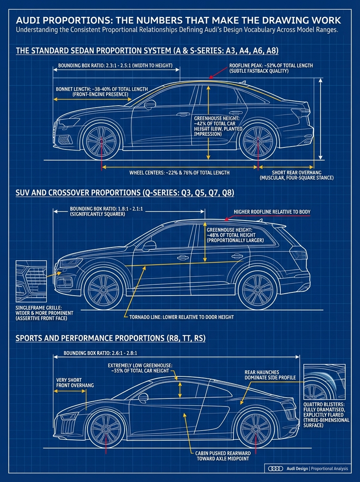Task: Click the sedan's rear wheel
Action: tap(258, 142)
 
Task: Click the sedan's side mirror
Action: tap(149, 104)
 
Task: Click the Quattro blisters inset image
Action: tap(324, 382)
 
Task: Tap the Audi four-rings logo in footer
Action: tap(275, 468)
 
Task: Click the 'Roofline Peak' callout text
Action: tap(271, 68)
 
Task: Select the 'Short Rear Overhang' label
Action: tap(297, 175)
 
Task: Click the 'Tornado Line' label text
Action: tap(181, 317)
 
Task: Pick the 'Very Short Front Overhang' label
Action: tap(75, 382)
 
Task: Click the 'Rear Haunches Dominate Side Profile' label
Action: tap(270, 375)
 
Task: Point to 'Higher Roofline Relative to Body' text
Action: tap(272, 212)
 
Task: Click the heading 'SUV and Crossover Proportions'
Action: tap(125, 193)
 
